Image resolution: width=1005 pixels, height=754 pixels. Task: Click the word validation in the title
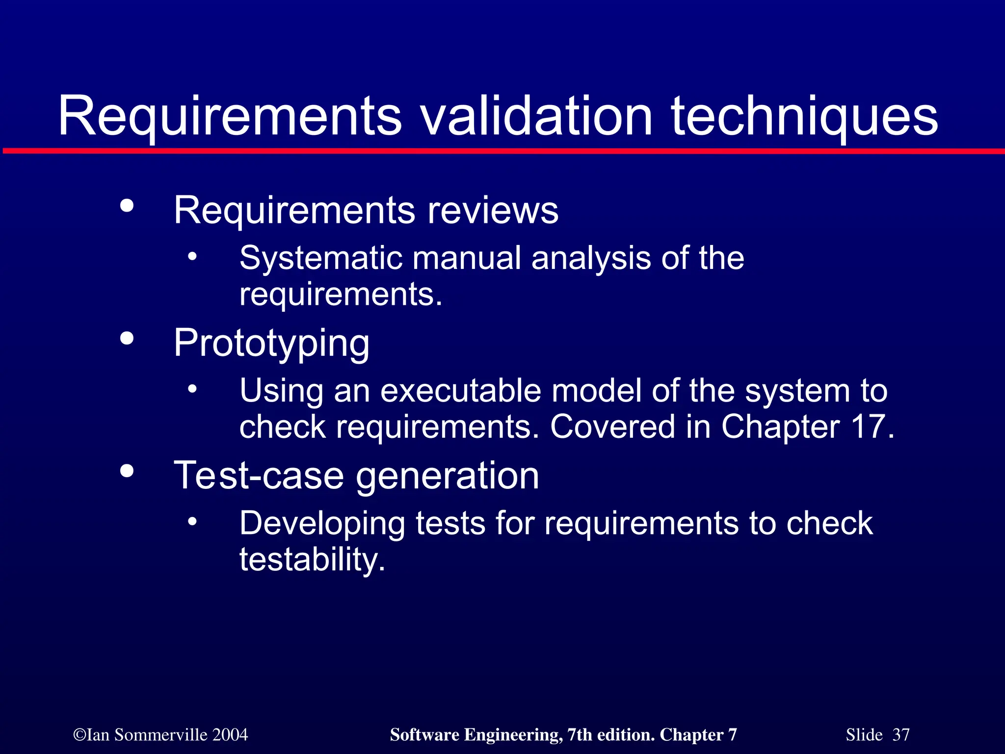pyautogui.click(x=537, y=116)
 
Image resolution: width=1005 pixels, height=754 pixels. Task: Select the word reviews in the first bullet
pyautogui.click(x=493, y=210)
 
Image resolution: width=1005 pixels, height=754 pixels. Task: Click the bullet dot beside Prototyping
pyautogui.click(x=127, y=338)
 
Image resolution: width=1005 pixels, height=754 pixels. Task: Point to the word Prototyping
pyautogui.click(x=271, y=344)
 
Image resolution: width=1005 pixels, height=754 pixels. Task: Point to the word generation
pyautogui.click(x=448, y=476)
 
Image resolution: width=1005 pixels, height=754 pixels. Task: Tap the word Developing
pyautogui.click(x=322, y=524)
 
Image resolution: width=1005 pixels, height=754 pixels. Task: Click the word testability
pyautogui.click(x=312, y=559)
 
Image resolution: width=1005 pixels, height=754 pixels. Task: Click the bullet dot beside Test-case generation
pyautogui.click(x=127, y=471)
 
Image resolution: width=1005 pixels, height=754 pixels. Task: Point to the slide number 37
pyautogui.click(x=900, y=735)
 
